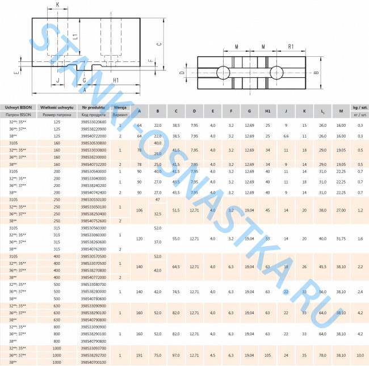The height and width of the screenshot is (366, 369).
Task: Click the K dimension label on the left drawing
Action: [57, 6]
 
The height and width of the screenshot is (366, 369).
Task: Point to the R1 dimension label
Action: [290, 46]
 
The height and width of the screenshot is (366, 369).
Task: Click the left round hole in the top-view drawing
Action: [223, 72]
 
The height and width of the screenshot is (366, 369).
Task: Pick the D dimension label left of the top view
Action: [182, 73]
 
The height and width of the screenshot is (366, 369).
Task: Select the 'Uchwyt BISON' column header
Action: [18, 107]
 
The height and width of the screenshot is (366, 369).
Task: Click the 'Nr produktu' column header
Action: [93, 107]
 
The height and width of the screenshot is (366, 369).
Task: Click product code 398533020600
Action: [93, 122]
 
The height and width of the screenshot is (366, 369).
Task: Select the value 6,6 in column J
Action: [286, 136]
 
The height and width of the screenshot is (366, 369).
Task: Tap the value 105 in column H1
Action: [267, 354]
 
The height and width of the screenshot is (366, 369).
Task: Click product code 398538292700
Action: [93, 354]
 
